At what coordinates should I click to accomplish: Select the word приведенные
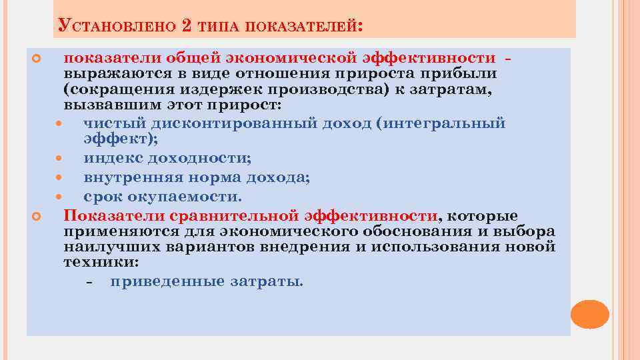point(167,281)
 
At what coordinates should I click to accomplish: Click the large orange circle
point(590,314)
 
